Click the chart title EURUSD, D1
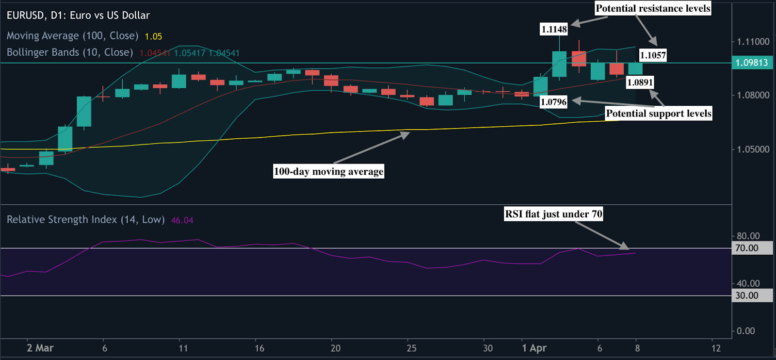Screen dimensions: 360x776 coord(78,16)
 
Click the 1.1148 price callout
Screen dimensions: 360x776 coord(554,30)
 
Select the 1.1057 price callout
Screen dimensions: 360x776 coord(653,55)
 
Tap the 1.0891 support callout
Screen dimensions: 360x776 coord(640,82)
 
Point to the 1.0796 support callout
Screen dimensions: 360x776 coord(553,102)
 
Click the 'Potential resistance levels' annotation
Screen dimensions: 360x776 coord(653,8)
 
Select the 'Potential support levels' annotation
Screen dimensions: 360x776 coord(659,114)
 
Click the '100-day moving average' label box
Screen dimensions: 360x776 coord(328,171)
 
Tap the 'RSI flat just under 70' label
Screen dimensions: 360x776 coord(553,214)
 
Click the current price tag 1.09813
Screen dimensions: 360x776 coord(752,63)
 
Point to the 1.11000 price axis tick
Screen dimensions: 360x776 coord(753,42)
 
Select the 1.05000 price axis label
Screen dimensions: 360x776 coord(753,149)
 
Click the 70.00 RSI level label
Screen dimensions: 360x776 coord(747,248)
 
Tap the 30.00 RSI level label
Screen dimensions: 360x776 coord(747,295)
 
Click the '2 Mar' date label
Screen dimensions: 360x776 coord(40,348)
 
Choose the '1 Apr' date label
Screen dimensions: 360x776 coord(534,348)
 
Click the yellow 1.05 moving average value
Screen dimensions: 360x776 coord(153,36)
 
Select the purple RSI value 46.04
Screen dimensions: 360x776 coord(182,220)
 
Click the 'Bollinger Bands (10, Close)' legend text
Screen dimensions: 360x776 coord(70,52)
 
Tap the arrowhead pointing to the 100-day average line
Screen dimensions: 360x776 coord(405,134)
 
